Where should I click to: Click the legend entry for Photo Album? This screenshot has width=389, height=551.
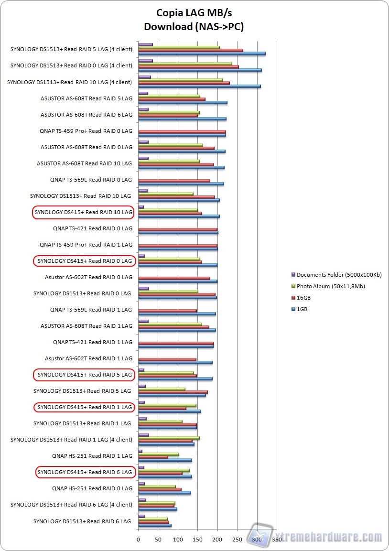pyautogui.click(x=330, y=286)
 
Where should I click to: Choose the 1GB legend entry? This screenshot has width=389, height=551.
pyautogui.click(x=302, y=309)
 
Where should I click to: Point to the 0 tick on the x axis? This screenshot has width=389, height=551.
pyautogui.click(x=139, y=540)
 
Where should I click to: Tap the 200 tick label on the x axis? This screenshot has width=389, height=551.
pyautogui.click(x=217, y=540)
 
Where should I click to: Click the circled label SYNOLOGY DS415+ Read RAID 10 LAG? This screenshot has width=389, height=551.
pyautogui.click(x=83, y=212)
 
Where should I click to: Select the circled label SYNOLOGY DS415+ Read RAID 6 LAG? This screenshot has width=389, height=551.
pyautogui.click(x=86, y=472)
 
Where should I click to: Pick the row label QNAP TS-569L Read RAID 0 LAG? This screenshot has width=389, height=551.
pyautogui.click(x=91, y=180)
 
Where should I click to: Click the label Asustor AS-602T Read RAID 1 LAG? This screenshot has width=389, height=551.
pyautogui.click(x=88, y=358)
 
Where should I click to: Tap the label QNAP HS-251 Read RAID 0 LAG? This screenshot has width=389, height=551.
pyautogui.click(x=92, y=488)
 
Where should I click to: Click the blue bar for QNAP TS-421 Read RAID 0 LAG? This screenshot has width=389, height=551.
pyautogui.click(x=178, y=233)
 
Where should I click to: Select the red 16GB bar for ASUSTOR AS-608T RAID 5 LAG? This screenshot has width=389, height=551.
pyautogui.click(x=172, y=99)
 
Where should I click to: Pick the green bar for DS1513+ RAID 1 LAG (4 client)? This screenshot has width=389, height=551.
pyautogui.click(x=169, y=438)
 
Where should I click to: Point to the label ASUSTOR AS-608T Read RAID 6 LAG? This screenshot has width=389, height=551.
pyautogui.click(x=86, y=115)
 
